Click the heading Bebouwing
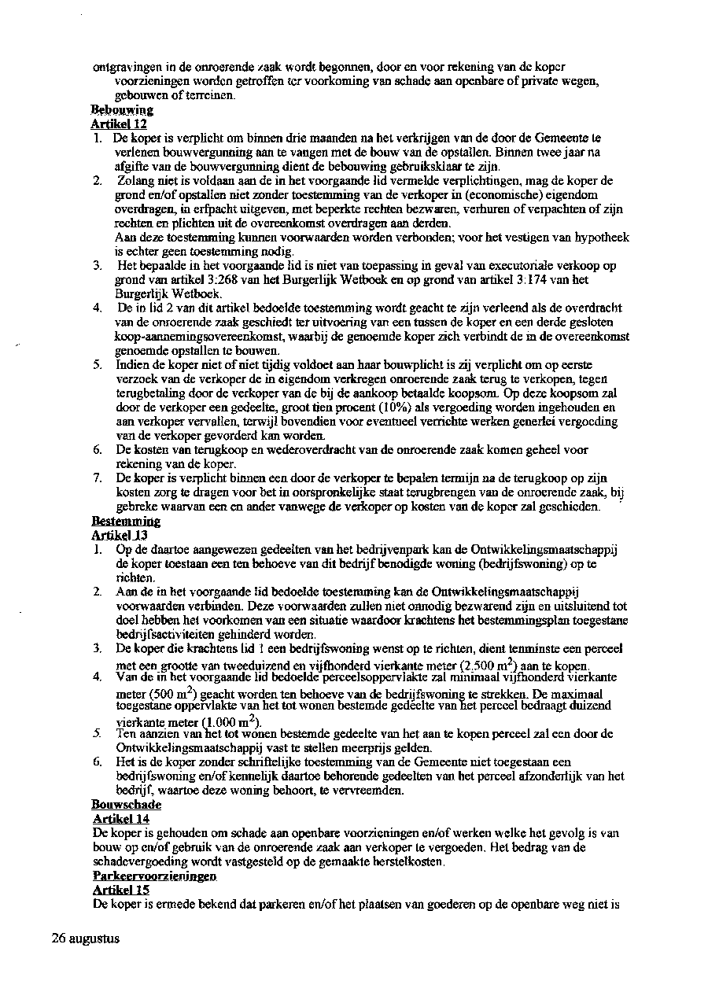(x=122, y=110)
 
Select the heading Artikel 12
(x=119, y=124)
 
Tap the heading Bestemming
(x=126, y=522)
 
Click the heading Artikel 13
(x=120, y=535)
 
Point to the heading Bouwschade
(x=127, y=805)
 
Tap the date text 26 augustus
(x=86, y=939)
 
